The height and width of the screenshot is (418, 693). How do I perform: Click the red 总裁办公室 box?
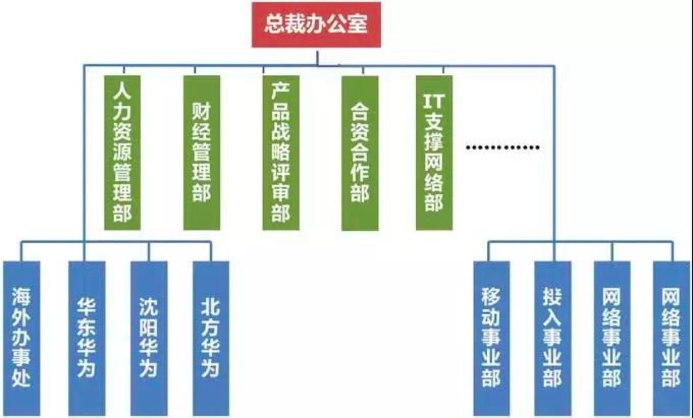click(x=316, y=24)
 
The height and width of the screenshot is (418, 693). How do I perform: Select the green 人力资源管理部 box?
click(x=122, y=153)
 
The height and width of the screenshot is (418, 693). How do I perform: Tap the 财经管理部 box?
click(x=201, y=153)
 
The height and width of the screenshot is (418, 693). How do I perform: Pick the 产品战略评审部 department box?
click(x=280, y=153)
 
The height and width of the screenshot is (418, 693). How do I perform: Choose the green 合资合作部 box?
click(x=360, y=153)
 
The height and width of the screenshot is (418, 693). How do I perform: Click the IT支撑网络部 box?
click(x=434, y=153)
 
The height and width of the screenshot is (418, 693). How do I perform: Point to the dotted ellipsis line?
click(x=502, y=147)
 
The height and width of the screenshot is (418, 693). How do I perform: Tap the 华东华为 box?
click(x=87, y=338)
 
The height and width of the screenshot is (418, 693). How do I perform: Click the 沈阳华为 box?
click(x=149, y=338)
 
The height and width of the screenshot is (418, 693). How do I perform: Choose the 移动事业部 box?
click(x=492, y=338)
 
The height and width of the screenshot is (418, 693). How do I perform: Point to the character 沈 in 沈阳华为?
click(x=149, y=308)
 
